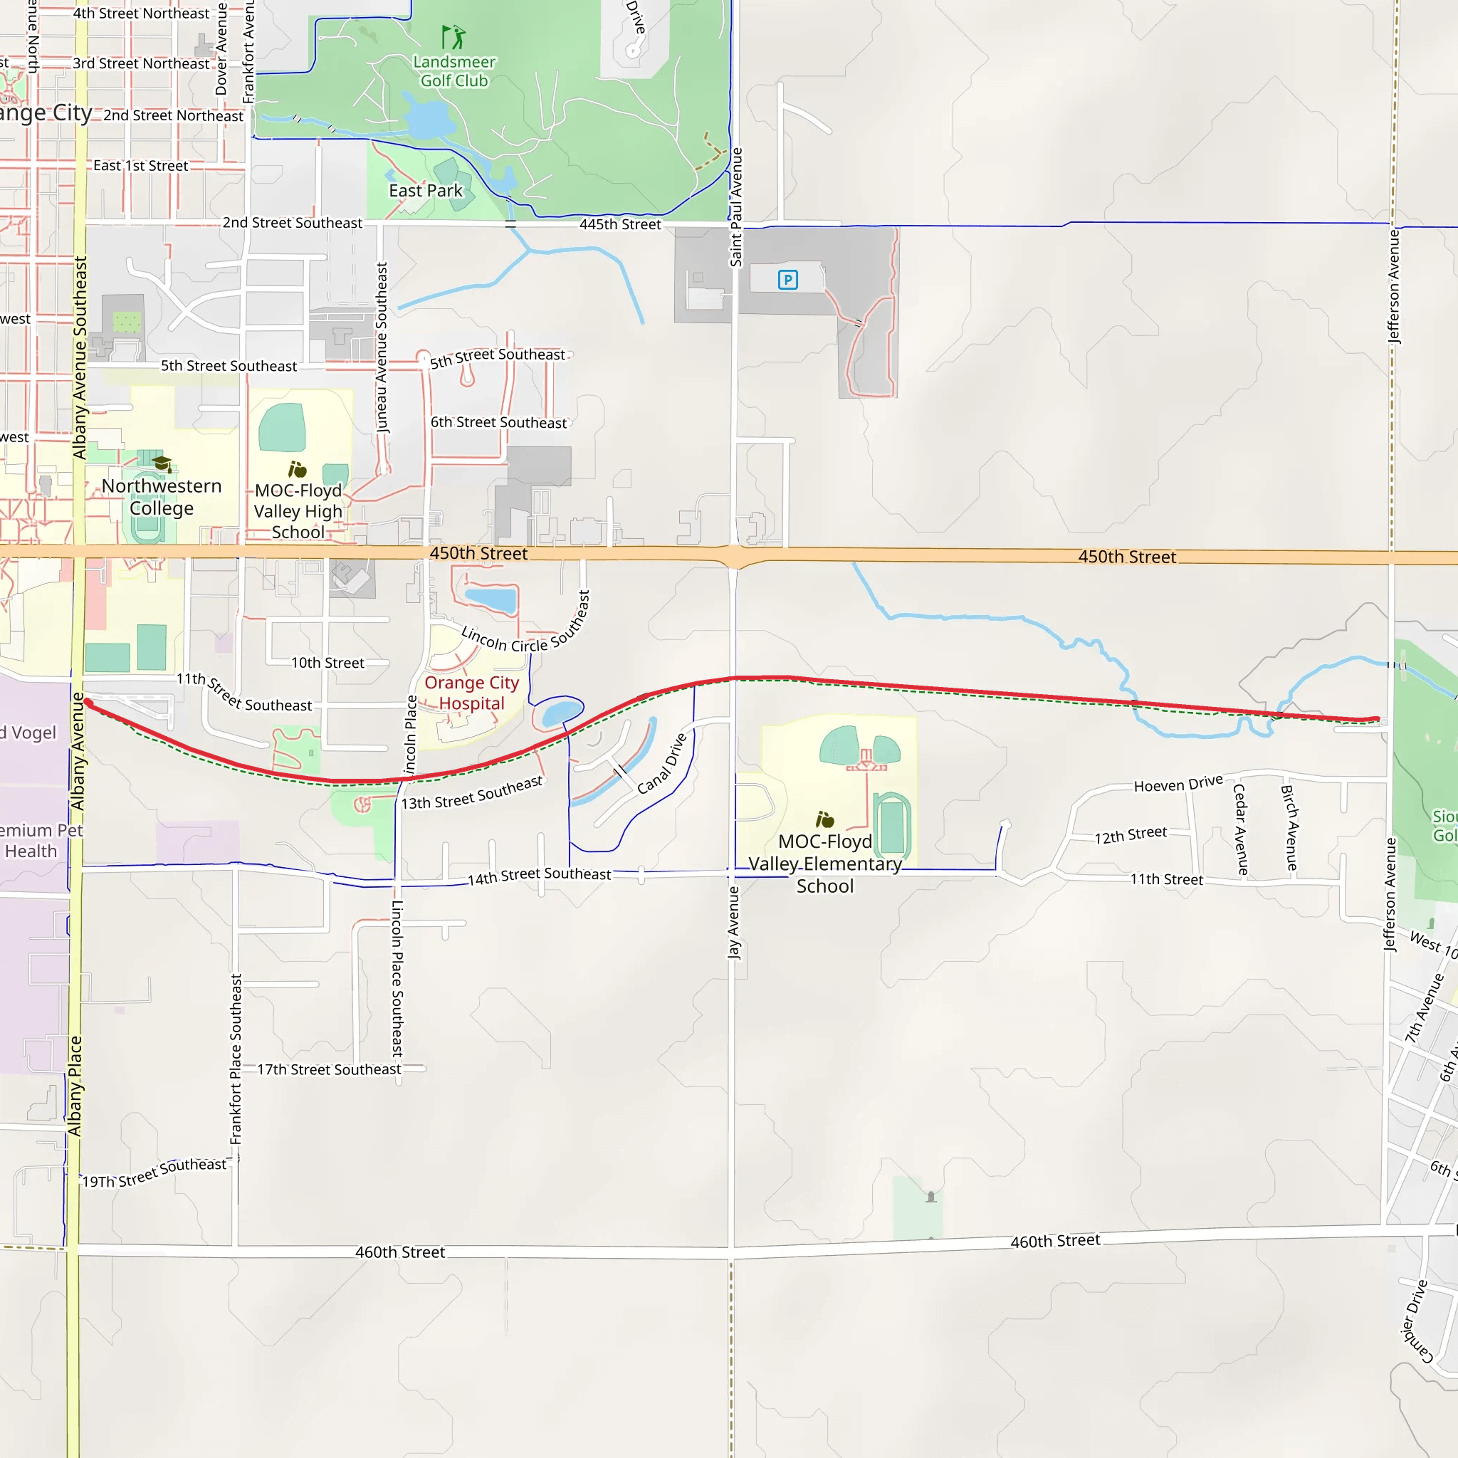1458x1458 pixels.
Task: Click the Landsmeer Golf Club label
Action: (x=454, y=72)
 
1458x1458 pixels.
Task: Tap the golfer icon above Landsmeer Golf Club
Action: (x=453, y=37)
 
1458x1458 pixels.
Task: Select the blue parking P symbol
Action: (x=788, y=280)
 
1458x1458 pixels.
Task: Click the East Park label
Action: (x=426, y=191)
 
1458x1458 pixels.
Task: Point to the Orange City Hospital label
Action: (x=472, y=693)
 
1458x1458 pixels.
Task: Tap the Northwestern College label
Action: (x=162, y=497)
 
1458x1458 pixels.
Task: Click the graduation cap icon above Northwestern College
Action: (x=162, y=463)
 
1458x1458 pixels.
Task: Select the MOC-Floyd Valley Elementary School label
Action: (x=825, y=864)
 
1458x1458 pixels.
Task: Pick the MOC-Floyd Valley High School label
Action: (x=298, y=511)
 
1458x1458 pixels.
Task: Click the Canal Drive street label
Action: (x=662, y=764)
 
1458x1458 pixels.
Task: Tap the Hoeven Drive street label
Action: (x=1178, y=784)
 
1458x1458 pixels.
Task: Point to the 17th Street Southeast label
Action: (x=329, y=1069)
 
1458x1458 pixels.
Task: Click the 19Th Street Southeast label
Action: (x=154, y=1173)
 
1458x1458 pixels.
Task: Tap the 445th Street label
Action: (x=619, y=224)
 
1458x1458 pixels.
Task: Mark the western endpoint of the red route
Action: (x=88, y=703)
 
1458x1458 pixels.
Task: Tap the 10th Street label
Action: (x=327, y=663)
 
